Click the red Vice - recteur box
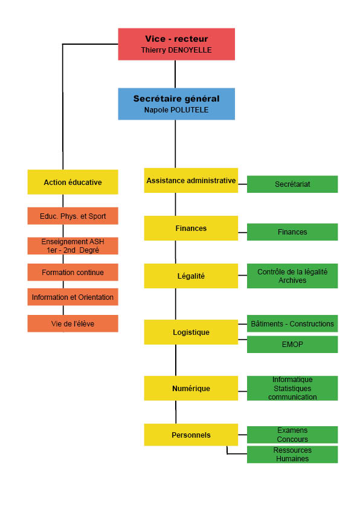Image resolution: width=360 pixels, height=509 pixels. coord(176,44)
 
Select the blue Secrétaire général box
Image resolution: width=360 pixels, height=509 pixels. coord(176,104)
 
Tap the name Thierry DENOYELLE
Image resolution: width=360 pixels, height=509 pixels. coord(176,50)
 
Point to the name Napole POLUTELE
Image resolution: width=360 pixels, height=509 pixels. coord(176,110)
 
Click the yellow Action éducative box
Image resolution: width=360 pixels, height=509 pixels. coord(72,182)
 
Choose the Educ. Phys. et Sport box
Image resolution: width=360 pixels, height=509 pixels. coord(72,216)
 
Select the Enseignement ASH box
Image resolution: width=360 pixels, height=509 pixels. coord(72,246)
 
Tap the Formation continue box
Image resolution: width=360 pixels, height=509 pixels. coord(72,273)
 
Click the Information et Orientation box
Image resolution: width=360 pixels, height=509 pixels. coord(72,297)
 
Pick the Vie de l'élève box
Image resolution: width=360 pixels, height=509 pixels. coord(72,323)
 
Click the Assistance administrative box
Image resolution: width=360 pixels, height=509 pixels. coord(191,181)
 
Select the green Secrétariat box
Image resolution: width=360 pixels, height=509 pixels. coord(292,184)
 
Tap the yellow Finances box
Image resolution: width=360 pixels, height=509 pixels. coord(191,229)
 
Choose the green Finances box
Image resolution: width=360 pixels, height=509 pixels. coord(292,232)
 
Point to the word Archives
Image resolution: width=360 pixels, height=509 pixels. coord(292,280)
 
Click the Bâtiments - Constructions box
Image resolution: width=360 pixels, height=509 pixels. coord(292,323)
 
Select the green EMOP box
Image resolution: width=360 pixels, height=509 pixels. coord(292,345)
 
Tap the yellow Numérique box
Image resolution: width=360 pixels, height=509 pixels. coord(191,388)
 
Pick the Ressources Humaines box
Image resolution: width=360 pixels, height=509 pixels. coord(292,455)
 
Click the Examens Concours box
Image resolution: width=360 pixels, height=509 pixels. coord(292,435)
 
